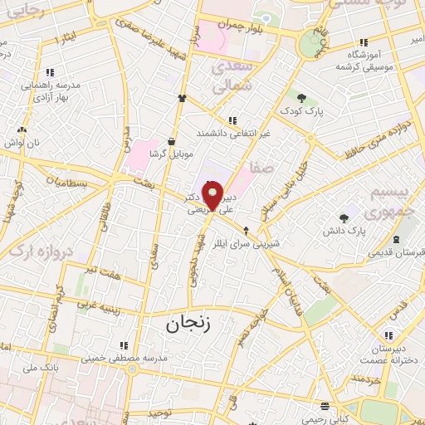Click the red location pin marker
212,196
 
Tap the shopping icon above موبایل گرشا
171,141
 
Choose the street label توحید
160,412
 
